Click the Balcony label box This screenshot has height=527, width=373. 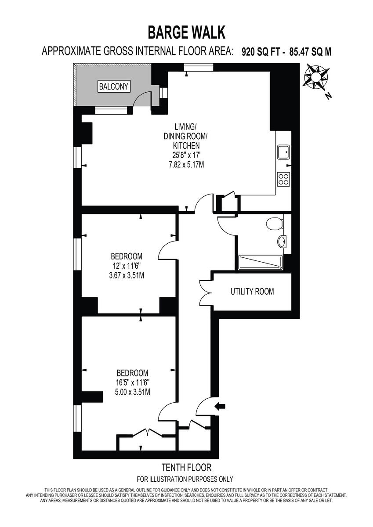tap(114, 87)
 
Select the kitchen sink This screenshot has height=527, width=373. tap(283, 152)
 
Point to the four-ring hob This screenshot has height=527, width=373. tap(283, 179)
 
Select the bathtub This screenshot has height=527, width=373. tap(260, 262)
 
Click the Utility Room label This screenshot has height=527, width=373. tap(252, 292)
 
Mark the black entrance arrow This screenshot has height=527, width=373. tap(221, 407)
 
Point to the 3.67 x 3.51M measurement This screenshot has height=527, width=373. tap(127, 275)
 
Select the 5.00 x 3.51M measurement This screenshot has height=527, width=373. tap(132, 392)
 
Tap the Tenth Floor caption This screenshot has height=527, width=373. tap(186, 468)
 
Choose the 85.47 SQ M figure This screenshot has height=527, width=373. tap(310, 52)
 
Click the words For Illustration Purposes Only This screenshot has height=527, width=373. tap(185, 479)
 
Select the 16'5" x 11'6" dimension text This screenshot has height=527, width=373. tap(133, 382)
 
